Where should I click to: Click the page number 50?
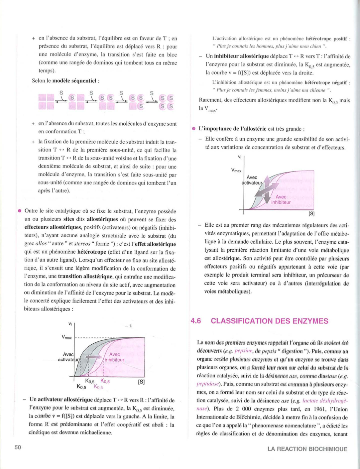[x=18, y=447]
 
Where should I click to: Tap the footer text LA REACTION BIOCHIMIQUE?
[x=307, y=449]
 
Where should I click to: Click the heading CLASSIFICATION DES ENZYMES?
[x=269, y=321]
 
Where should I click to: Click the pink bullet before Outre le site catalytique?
[x=20, y=211]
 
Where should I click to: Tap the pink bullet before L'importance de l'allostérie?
[x=193, y=129]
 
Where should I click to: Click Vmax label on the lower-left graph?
[x=66, y=337]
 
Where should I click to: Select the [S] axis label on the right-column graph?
[x=311, y=214]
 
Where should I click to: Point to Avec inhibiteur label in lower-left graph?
[x=114, y=357]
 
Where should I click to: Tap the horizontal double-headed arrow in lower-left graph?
[x=93, y=357]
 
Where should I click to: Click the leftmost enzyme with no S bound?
[x=46, y=101]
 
